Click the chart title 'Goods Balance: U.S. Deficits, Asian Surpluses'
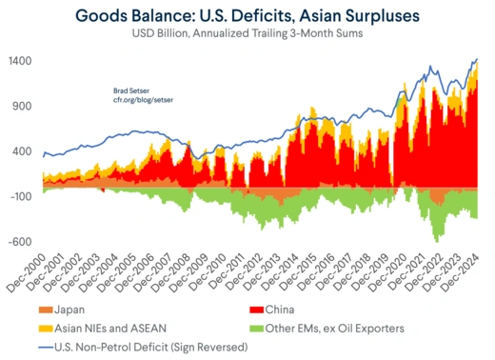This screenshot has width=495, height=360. point(247,15)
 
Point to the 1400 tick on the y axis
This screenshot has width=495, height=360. point(21,61)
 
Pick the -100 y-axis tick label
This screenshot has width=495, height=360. point(22,196)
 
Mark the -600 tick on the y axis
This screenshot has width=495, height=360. point(22,241)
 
